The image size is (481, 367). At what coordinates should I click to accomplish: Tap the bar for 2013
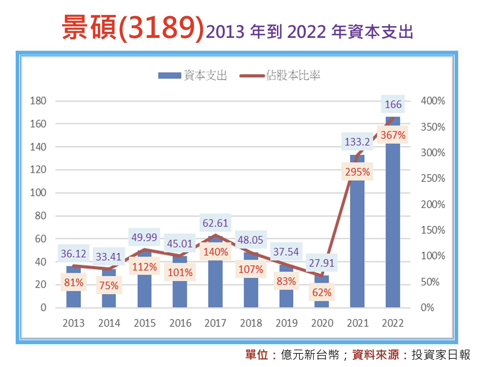click(x=74, y=297)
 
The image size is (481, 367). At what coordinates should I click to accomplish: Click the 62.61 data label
click(x=215, y=223)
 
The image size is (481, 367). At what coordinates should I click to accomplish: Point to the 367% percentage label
click(x=393, y=135)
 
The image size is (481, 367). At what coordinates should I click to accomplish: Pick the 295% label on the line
click(x=357, y=172)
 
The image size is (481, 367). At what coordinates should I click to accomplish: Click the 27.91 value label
click(x=321, y=263)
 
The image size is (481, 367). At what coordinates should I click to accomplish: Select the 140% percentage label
click(x=216, y=252)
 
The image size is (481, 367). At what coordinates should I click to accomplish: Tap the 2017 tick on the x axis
click(x=215, y=323)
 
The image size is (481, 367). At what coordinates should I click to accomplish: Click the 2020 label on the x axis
click(x=322, y=323)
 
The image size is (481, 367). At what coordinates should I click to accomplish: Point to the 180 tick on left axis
click(x=38, y=101)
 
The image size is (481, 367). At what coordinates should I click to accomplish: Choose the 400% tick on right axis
click(x=433, y=101)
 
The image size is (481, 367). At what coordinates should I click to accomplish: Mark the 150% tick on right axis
click(x=433, y=230)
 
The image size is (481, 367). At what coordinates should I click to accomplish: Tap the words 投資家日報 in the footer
click(x=441, y=354)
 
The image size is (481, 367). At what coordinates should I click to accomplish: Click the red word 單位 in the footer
click(x=257, y=354)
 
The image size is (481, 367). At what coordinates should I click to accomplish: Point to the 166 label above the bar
click(x=393, y=104)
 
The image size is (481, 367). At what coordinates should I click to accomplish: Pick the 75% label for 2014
click(x=109, y=286)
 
